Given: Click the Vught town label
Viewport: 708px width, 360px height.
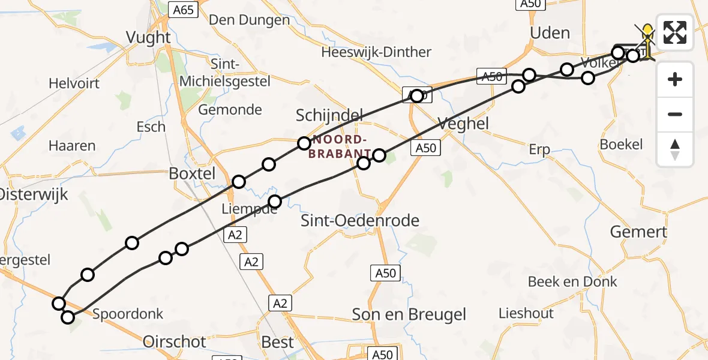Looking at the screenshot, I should (148, 37).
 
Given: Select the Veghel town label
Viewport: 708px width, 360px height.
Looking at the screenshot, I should (463, 124).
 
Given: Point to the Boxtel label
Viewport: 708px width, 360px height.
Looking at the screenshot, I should (192, 173).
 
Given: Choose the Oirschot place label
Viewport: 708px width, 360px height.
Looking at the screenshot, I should (175, 342).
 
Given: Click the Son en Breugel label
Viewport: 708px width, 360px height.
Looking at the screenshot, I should (409, 314).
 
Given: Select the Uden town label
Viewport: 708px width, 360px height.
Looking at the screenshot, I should (550, 32).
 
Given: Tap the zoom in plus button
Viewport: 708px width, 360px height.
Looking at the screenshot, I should (675, 79).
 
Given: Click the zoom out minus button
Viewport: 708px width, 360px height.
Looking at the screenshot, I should (675, 114).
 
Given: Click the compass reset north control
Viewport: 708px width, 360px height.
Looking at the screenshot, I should (675, 149).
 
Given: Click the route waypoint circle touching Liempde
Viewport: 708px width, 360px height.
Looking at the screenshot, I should (275, 202).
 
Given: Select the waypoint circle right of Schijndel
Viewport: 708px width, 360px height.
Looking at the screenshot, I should (379, 155).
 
